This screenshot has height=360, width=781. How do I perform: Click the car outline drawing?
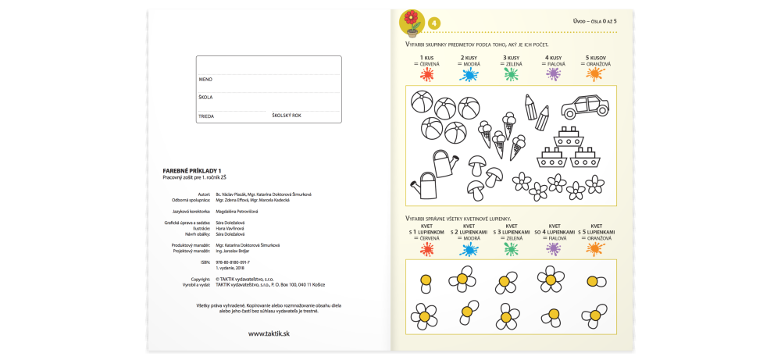tap(584, 105)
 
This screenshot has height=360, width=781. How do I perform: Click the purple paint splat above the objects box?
tap(554, 74)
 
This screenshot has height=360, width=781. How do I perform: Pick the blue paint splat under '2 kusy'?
tap(469, 74)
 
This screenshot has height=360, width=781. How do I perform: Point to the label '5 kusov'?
tap(597, 58)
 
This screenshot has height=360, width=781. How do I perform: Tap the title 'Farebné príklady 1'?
tap(192, 171)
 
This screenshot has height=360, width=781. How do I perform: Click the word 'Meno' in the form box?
tap(205, 79)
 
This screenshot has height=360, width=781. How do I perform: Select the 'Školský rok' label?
tap(287, 116)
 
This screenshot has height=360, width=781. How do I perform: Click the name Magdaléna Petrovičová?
tap(237, 212)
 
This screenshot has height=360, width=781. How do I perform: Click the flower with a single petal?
tap(426, 280)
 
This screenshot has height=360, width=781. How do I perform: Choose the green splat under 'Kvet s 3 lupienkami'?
tap(511, 249)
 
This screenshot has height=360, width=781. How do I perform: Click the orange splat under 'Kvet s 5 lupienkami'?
tap(596, 249)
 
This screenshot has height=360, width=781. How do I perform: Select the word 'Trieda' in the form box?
tap(206, 116)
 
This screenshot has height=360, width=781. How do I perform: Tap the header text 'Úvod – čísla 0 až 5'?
tap(594, 21)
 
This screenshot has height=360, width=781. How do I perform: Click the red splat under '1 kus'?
tap(426, 74)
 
